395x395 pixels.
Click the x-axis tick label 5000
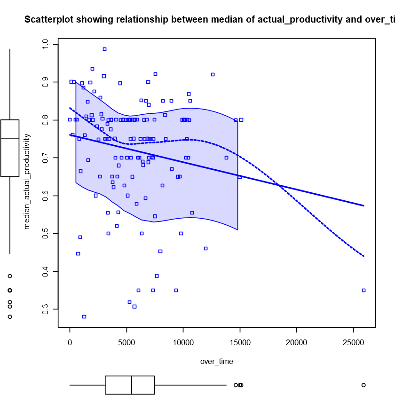[x=126, y=342]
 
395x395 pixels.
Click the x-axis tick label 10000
[x=183, y=342]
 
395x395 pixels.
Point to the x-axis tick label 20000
[x=296, y=342]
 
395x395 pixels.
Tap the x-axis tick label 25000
[x=353, y=342]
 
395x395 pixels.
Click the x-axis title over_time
[x=216, y=362]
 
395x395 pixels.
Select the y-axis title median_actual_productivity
[x=27, y=181]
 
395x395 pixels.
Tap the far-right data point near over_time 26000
[x=363, y=290]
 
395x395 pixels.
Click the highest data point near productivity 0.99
[x=104, y=49]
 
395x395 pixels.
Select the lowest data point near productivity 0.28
[x=84, y=316]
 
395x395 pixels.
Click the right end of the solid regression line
[x=363, y=205]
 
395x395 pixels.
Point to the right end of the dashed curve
[x=363, y=256]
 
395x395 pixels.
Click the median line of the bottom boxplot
[x=132, y=385]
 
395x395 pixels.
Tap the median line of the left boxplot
[x=10, y=139]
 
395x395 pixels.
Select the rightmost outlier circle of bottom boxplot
[x=363, y=385]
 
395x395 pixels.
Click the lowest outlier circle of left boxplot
[x=10, y=316]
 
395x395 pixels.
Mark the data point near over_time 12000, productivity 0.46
[x=205, y=248]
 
